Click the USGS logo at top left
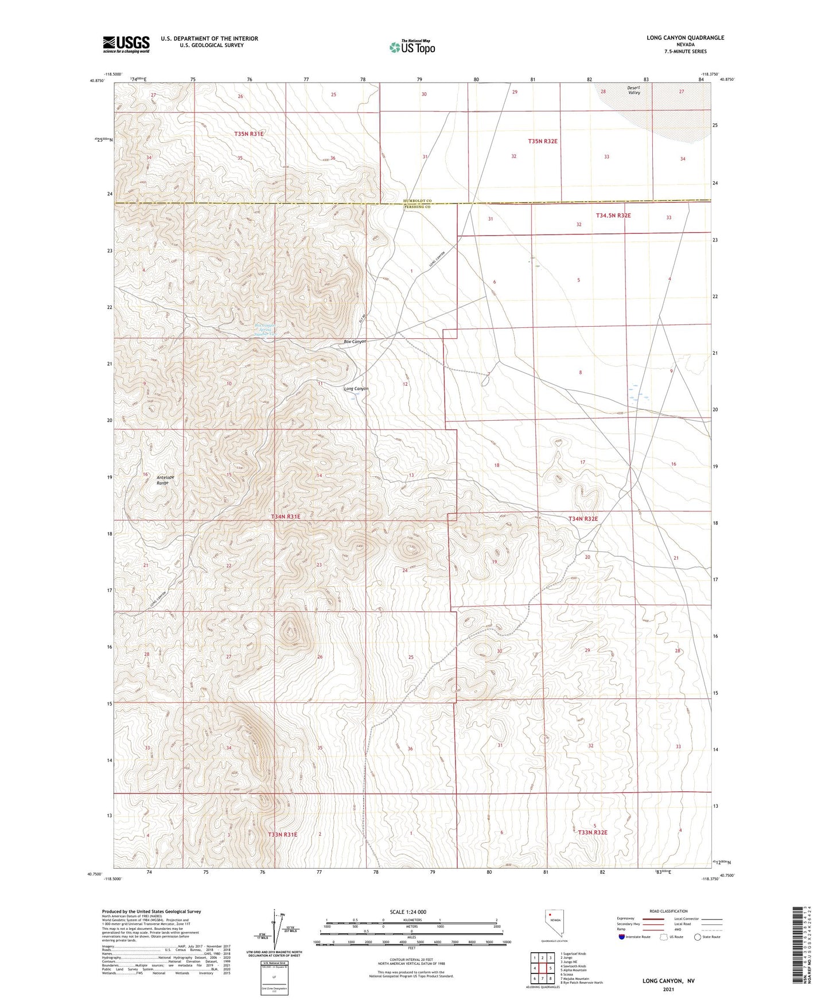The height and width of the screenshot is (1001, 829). click(x=126, y=44)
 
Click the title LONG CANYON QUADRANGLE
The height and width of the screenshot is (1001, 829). click(x=685, y=38)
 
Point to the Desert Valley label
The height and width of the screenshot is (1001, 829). click(x=634, y=90)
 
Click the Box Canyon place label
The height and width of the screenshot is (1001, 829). click(x=355, y=342)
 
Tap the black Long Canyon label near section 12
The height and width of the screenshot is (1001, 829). click(x=356, y=389)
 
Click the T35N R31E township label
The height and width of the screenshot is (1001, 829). click(x=248, y=134)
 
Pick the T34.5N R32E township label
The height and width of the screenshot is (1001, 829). click(x=613, y=216)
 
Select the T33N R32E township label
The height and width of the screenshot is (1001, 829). click(x=592, y=832)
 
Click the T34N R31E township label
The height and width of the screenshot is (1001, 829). click(x=285, y=517)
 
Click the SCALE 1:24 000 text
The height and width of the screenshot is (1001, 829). click(x=408, y=912)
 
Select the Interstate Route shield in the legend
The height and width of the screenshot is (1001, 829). click(x=622, y=937)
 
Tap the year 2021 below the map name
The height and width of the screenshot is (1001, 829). click(x=668, y=989)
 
